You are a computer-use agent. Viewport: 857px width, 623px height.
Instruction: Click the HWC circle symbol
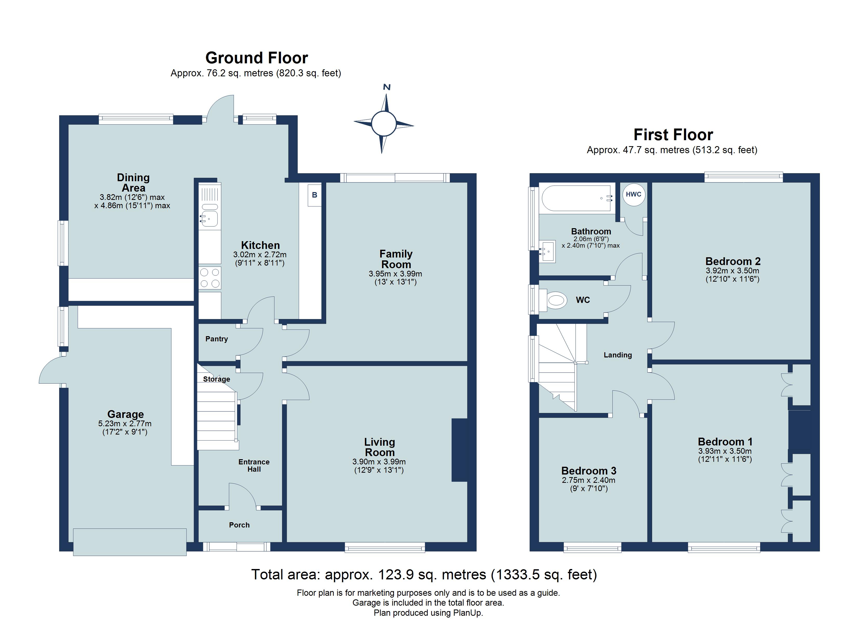633,195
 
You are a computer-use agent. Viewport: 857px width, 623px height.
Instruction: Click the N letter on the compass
386,87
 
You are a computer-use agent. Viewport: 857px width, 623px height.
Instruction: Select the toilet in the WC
556,300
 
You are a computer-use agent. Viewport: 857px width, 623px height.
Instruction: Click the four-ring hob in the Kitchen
210,278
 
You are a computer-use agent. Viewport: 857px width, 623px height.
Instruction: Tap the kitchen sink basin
209,218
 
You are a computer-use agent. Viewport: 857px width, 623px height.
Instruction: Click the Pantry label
217,339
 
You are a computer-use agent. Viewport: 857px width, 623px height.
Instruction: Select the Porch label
239,525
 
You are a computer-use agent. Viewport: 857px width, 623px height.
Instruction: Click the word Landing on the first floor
618,355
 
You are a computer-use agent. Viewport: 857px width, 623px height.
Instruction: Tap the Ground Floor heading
257,58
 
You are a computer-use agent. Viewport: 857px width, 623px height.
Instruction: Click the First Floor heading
673,134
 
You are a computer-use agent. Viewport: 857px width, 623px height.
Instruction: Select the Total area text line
424,575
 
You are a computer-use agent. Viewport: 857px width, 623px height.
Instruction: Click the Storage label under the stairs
217,379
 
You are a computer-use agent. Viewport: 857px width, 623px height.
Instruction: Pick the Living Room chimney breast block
459,450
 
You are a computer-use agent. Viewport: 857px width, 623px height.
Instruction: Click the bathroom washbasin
547,251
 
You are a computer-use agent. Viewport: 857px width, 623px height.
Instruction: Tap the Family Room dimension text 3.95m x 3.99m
395,274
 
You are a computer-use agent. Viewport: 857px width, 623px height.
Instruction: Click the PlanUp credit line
428,613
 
